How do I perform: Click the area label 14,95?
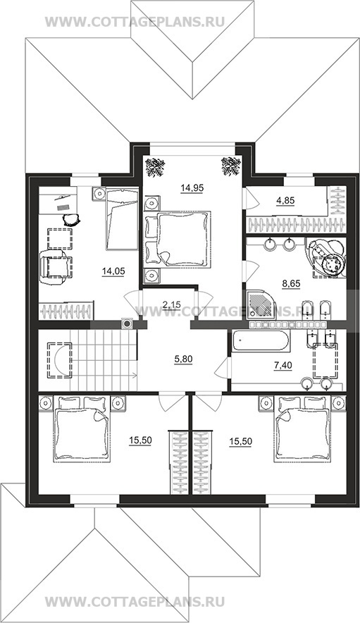(x=192, y=188)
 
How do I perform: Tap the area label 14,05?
(x=113, y=271)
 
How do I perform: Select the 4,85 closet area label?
(x=285, y=201)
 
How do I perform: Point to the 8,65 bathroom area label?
(x=291, y=284)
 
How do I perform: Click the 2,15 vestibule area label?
(x=172, y=304)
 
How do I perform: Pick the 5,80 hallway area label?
(x=183, y=359)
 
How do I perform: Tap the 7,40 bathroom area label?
(x=283, y=366)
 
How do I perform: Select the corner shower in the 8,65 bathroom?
(x=261, y=304)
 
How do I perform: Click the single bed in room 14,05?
(x=122, y=219)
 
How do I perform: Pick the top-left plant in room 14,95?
(x=156, y=167)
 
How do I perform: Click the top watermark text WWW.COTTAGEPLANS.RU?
(x=135, y=21)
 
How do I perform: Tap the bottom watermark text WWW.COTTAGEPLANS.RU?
(x=135, y=600)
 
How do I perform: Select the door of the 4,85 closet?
(x=251, y=198)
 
